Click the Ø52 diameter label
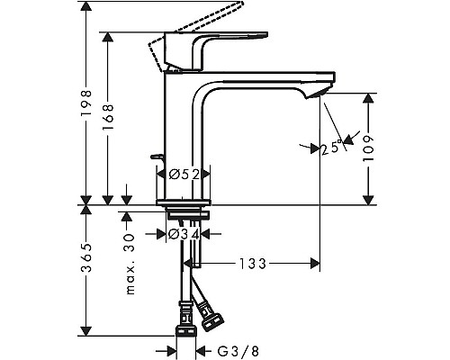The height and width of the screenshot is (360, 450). point(184,174)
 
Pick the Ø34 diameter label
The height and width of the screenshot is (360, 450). point(184,235)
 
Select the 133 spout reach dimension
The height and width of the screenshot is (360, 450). point(254,264)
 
